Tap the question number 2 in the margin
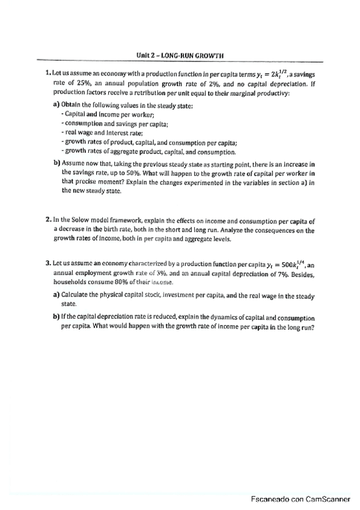47,212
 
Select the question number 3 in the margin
47,263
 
